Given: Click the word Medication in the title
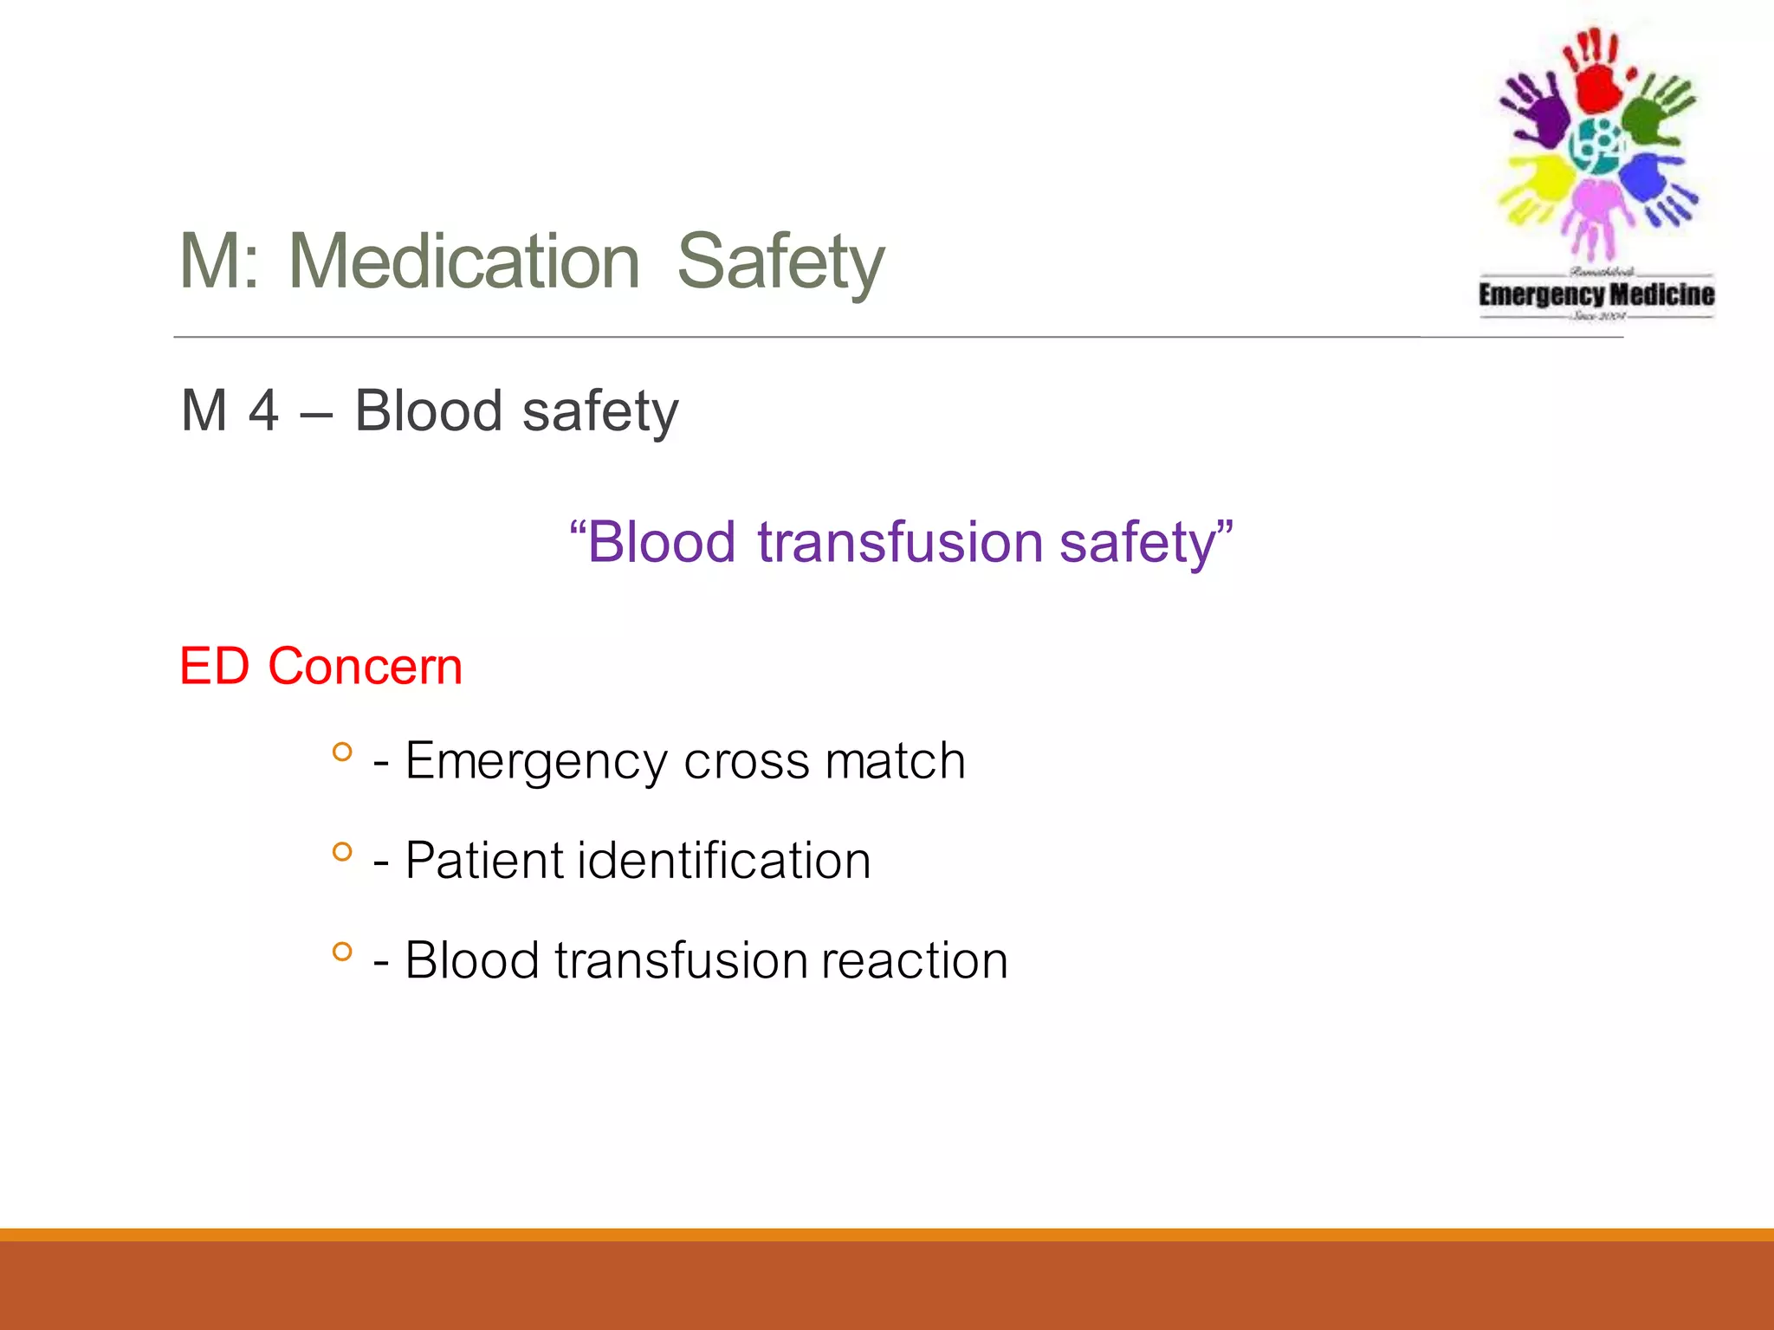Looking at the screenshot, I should point(463,261).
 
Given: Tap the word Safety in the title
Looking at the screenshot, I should point(780,261).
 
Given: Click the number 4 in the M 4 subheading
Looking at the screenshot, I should point(263,410).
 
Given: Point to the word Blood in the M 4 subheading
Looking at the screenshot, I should point(428,410).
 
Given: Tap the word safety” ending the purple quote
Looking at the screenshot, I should point(1145,543).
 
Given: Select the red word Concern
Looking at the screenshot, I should point(365,667).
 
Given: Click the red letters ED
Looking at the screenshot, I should point(214,667).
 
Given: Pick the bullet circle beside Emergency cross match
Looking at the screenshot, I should point(342,752).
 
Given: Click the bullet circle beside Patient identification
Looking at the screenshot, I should point(342,852).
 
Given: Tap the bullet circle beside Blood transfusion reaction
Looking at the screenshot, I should point(342,952).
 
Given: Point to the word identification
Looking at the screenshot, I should point(724,862).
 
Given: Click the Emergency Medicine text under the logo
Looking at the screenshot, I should point(1596,294).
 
